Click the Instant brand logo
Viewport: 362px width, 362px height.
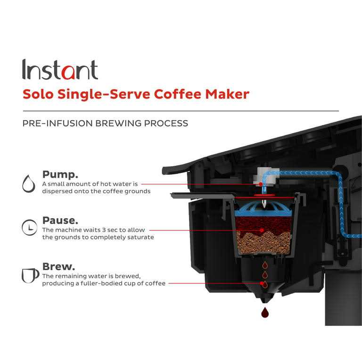(60, 70)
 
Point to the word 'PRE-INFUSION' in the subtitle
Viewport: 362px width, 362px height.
(57, 123)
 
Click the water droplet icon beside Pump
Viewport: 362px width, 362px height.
(29, 183)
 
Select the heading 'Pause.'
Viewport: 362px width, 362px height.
(60, 220)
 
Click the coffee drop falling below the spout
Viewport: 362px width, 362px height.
(265, 312)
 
